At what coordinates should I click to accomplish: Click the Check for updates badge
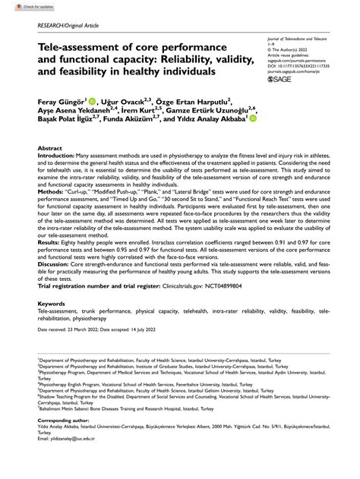click(22, 6)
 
